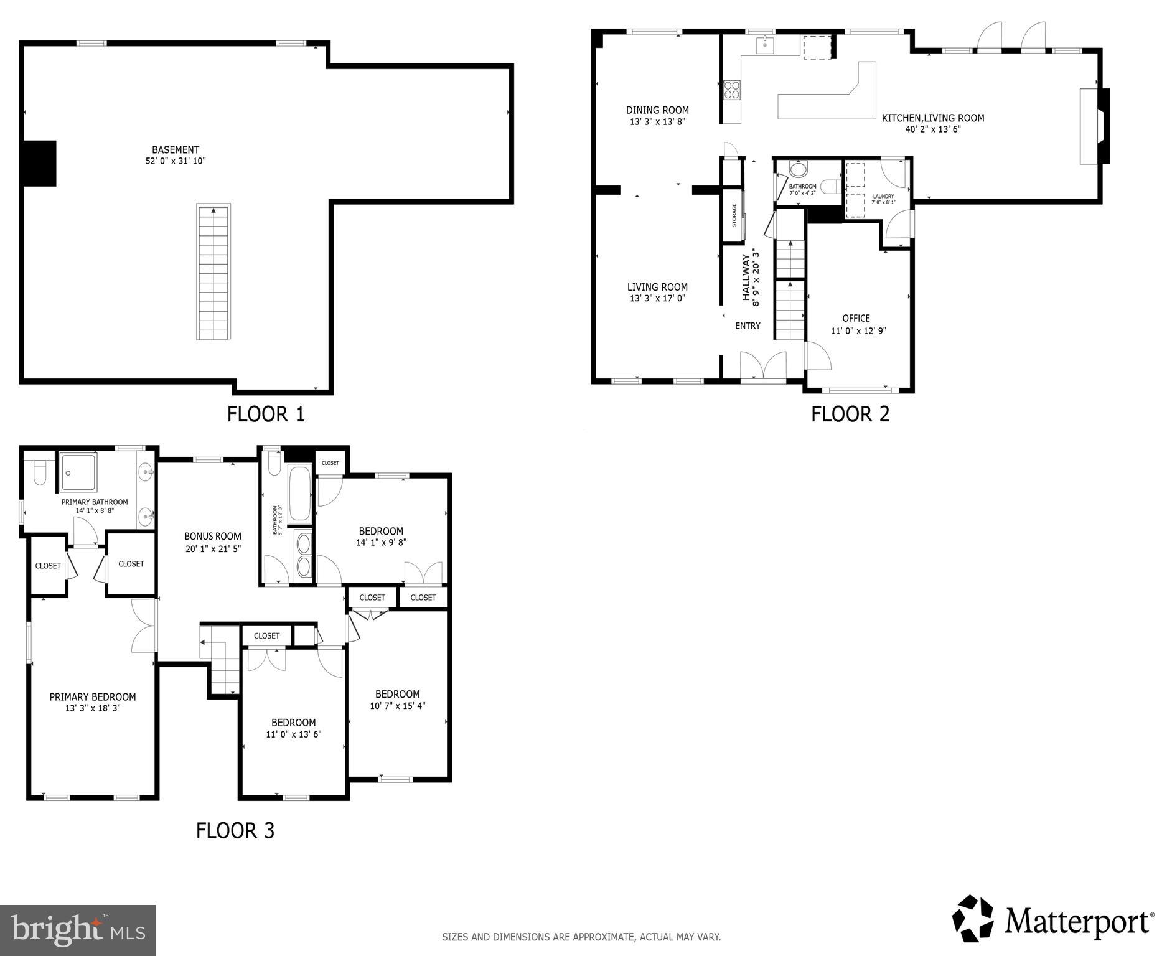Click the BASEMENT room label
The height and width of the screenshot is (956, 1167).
click(x=176, y=150)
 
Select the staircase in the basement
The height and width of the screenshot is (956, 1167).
click(x=213, y=272)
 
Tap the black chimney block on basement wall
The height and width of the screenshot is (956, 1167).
click(x=39, y=163)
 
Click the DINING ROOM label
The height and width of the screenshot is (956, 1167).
click(x=657, y=110)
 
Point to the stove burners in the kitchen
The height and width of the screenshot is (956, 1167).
click(x=732, y=90)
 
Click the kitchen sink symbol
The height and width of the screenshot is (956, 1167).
click(x=764, y=45)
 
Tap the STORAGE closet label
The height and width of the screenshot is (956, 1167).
click(x=734, y=215)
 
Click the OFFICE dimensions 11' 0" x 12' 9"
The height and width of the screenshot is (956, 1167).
click(x=858, y=330)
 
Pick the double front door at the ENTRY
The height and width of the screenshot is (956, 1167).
click(x=763, y=365)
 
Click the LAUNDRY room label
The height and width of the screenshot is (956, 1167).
click(x=883, y=197)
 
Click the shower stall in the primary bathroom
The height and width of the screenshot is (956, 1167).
click(x=78, y=472)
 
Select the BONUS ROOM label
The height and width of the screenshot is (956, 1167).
click(x=213, y=536)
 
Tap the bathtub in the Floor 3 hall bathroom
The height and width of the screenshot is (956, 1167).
click(x=299, y=494)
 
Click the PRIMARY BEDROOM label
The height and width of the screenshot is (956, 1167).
click(x=93, y=696)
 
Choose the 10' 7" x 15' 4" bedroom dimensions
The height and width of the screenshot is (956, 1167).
click(x=397, y=706)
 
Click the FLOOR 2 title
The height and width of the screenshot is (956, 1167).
click(x=850, y=414)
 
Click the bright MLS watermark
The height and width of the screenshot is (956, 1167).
click(x=78, y=930)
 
